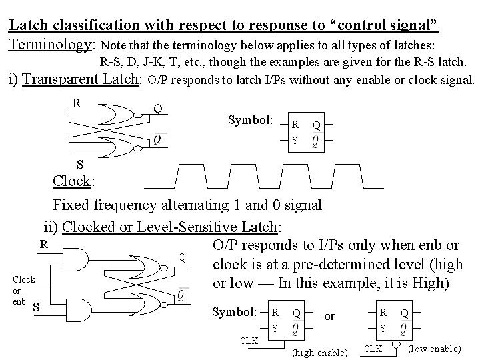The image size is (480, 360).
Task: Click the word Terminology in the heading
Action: coord(51,45)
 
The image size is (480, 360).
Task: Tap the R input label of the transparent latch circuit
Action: coord(76,103)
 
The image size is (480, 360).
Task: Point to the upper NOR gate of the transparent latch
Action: coord(129,114)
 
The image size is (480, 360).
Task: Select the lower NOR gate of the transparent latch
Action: coord(129,142)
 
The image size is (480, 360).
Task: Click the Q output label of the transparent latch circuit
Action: coord(157,108)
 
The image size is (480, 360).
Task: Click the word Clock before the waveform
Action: coord(73,181)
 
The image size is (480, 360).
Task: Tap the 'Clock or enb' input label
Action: coord(23,290)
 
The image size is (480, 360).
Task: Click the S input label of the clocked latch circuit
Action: coord(35,307)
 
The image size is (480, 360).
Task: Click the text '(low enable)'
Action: coord(433,349)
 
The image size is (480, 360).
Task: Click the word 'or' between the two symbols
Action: coord(330,315)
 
